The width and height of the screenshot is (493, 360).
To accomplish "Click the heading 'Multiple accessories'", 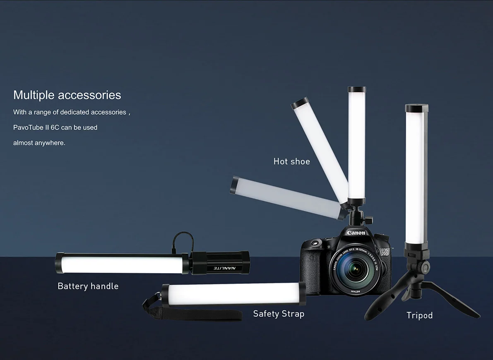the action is click(x=67, y=95).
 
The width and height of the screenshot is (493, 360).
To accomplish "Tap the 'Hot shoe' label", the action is click(x=291, y=161).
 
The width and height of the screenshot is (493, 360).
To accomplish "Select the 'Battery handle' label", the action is click(x=88, y=286).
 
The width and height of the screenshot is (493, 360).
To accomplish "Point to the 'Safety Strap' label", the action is click(x=279, y=314).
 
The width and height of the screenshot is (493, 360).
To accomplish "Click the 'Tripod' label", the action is click(x=419, y=315).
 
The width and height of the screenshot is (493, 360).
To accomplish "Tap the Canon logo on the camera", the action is click(x=356, y=233).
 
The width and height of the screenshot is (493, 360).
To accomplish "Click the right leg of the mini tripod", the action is click(x=464, y=304).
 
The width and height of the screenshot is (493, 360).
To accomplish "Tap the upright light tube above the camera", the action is click(x=357, y=145).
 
